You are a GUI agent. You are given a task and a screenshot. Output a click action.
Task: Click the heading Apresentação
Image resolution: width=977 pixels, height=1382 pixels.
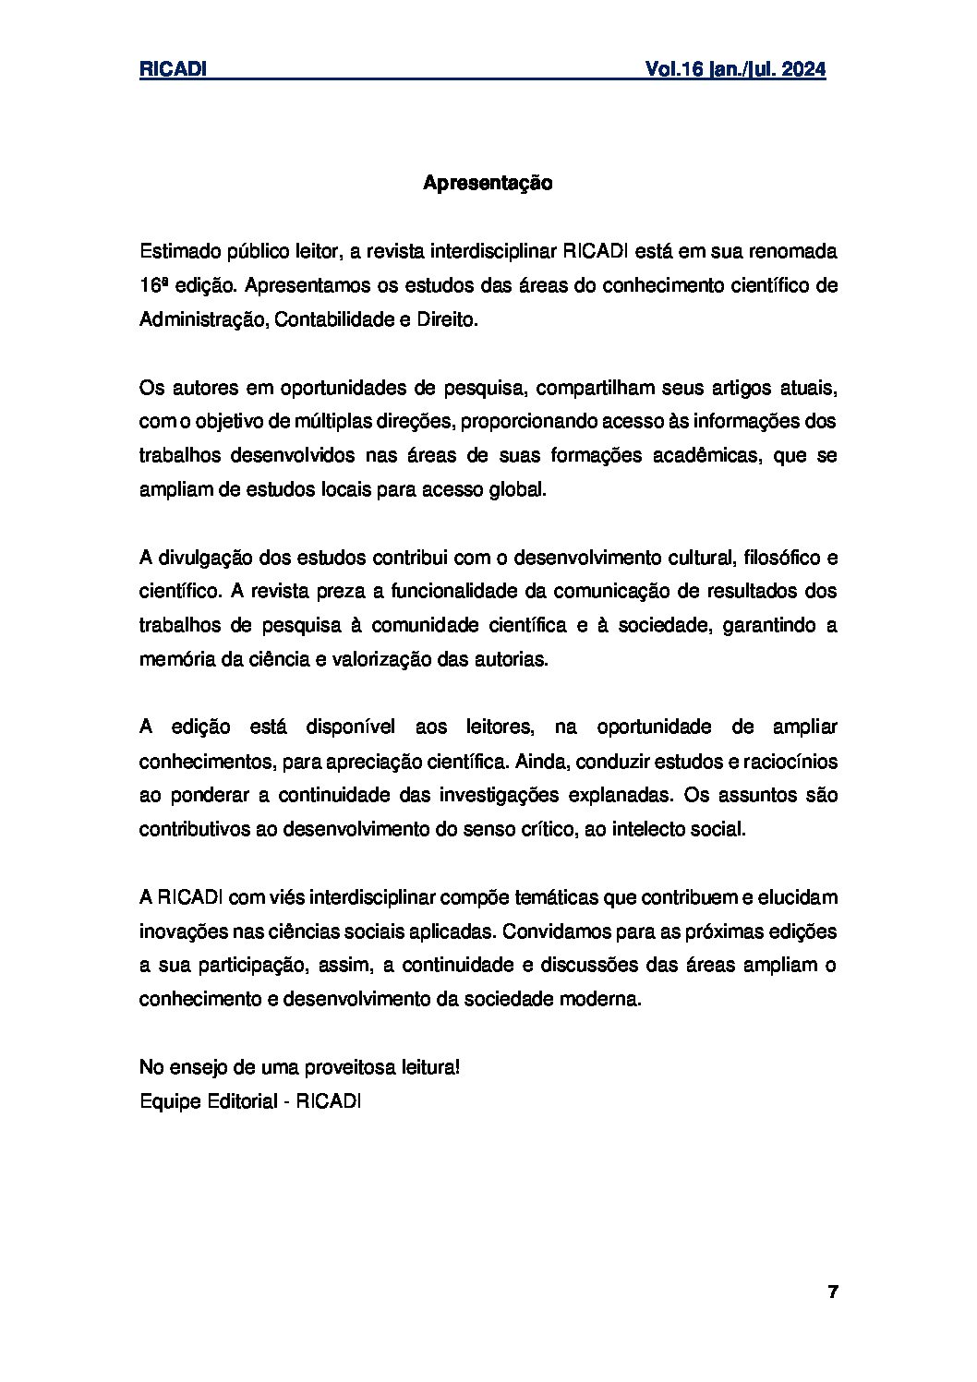tap(488, 183)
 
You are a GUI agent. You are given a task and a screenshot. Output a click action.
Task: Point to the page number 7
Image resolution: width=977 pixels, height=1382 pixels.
tap(832, 1292)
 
